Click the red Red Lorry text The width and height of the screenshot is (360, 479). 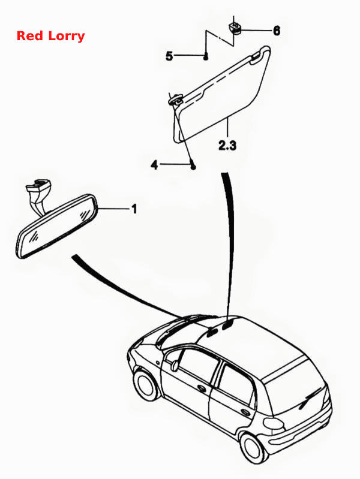click(x=50, y=36)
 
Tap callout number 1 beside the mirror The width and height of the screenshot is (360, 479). click(x=134, y=209)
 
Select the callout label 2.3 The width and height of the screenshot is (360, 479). click(x=227, y=145)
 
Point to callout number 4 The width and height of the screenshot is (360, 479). click(x=155, y=165)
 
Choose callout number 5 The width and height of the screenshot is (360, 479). click(x=169, y=56)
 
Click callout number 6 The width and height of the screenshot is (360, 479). click(x=277, y=31)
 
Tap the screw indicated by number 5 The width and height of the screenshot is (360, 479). click(x=206, y=56)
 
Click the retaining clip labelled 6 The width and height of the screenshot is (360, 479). click(x=235, y=27)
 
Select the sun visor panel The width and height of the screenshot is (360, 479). click(x=221, y=94)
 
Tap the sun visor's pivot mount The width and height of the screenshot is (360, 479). click(x=176, y=100)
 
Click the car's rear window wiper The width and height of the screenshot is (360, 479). click(x=310, y=398)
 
